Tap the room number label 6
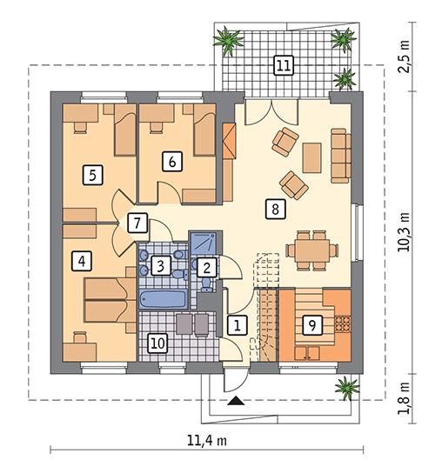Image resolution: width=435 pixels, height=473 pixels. [171, 161]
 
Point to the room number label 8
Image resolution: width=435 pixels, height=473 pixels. [274, 209]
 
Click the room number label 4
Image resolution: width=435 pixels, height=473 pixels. [83, 259]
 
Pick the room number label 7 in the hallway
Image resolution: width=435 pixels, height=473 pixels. [136, 222]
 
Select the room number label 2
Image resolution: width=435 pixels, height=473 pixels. [206, 268]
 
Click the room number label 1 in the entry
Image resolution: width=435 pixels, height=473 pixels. [234, 325]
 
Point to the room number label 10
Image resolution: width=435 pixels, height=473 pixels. [156, 342]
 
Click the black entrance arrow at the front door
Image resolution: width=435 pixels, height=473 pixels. [234, 401]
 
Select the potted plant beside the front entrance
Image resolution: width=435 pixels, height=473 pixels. [345, 383]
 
